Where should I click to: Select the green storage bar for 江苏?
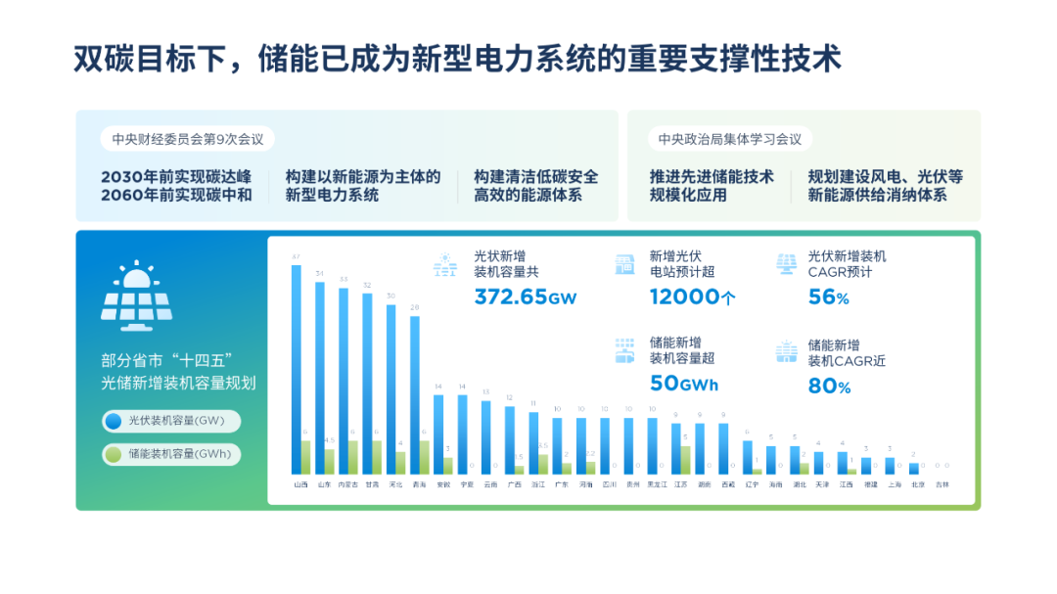tap(685, 460)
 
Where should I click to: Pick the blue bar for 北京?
tap(913, 469)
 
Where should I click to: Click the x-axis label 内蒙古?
tap(347, 484)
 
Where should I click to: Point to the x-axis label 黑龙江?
tap(656, 484)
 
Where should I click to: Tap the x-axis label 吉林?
tap(942, 484)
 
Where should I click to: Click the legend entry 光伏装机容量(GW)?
tap(171, 422)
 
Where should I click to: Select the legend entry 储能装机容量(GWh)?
tap(171, 454)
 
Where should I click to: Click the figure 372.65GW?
tap(526, 297)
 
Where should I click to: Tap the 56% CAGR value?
tap(829, 297)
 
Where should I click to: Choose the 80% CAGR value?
tap(829, 387)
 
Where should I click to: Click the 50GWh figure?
tap(684, 384)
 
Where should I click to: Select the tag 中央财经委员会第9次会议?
tap(187, 139)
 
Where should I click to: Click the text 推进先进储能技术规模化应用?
tap(712, 185)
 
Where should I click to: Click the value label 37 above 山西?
tap(296, 257)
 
